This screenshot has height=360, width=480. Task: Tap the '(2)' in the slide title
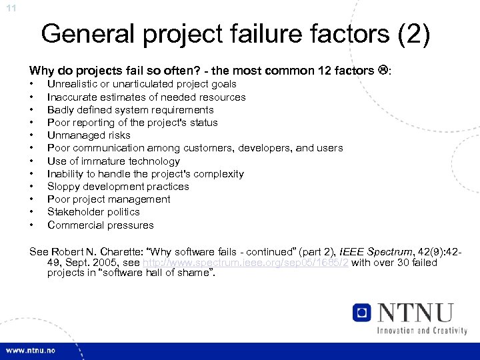point(406,33)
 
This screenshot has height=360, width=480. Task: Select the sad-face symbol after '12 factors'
point(383,70)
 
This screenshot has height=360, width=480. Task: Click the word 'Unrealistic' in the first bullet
point(73,84)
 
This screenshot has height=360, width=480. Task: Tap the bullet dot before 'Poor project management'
point(32,199)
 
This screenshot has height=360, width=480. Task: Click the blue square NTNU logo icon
point(362,313)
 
